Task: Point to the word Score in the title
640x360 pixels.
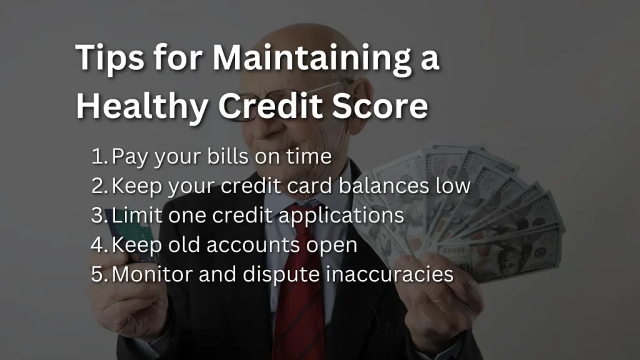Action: coord(379,106)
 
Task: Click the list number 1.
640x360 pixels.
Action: coord(99,156)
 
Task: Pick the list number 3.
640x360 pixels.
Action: coord(99,215)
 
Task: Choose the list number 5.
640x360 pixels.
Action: coord(99,274)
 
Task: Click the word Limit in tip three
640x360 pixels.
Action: coord(137,215)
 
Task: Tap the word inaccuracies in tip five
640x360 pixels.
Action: coord(390,274)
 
